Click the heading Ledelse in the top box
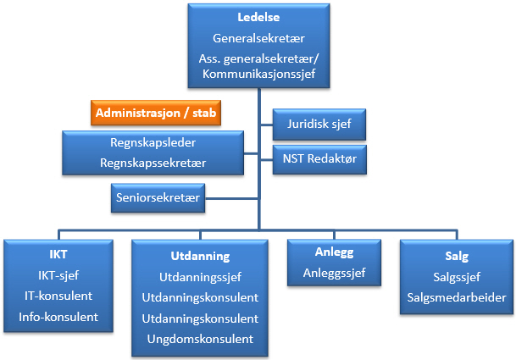click(259, 18)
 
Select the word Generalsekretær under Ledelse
click(259, 38)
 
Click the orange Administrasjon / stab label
click(156, 113)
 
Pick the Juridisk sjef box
click(319, 126)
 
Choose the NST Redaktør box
click(319, 158)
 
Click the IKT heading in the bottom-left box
click(58, 255)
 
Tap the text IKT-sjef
click(58, 275)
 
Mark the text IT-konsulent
click(58, 296)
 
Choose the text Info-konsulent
click(58, 317)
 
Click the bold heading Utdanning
click(195, 255)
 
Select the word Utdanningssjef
click(208, 277)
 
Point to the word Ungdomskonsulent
click(208, 339)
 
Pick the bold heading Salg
click(456, 256)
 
